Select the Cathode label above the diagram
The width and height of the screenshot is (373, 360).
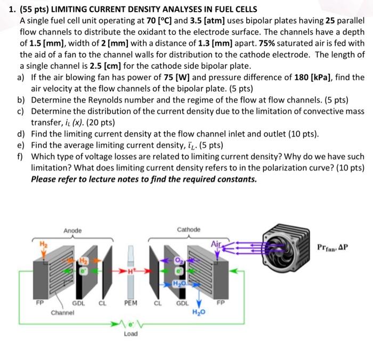tap(189, 229)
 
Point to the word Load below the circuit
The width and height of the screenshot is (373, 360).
tap(131, 334)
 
